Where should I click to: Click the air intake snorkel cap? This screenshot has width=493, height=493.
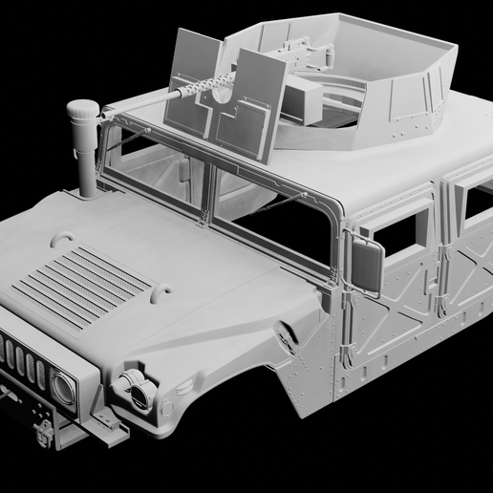(x=82, y=112)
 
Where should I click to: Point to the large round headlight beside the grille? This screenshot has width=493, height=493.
(x=62, y=387)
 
